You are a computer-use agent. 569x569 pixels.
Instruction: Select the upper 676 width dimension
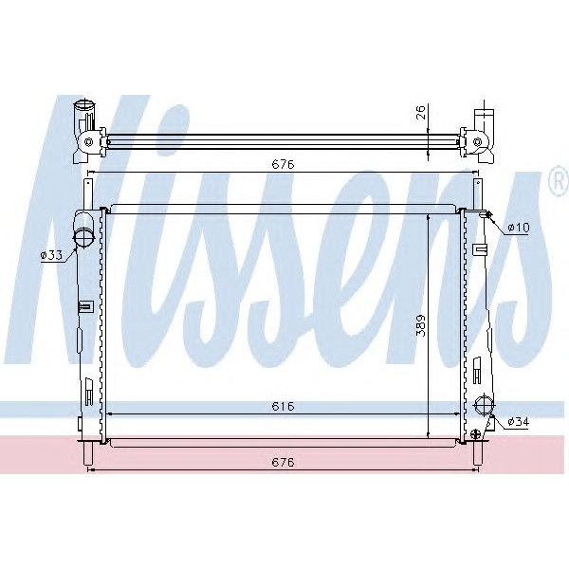[284, 164]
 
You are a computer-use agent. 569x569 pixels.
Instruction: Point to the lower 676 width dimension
[284, 463]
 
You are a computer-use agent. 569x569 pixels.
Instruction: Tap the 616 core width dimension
[282, 406]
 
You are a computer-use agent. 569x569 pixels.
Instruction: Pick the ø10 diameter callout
[519, 228]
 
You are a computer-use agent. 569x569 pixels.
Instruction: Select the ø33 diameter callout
[52, 254]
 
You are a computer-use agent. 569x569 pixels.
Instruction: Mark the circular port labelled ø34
[485, 405]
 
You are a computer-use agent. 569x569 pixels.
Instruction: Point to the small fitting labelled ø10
[487, 216]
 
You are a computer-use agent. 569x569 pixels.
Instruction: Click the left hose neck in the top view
[83, 114]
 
